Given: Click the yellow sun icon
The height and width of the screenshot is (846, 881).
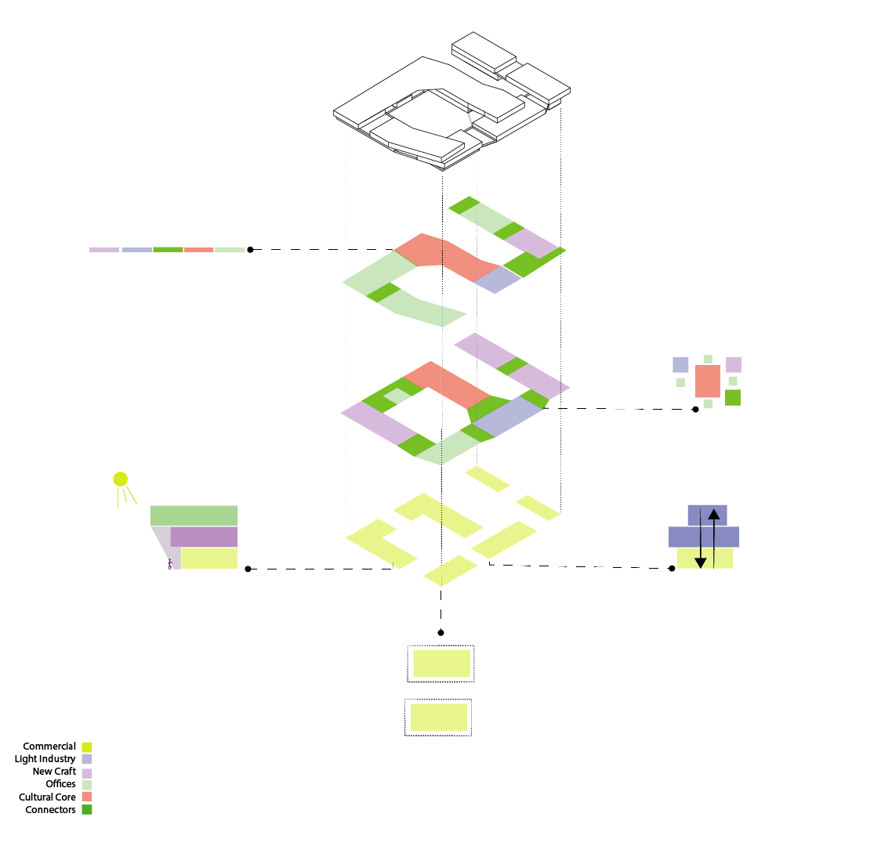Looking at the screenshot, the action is (x=120, y=479).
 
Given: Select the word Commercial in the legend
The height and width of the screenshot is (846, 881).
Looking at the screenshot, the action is (x=49, y=747).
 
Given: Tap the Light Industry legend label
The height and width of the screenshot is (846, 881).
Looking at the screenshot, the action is (x=45, y=759).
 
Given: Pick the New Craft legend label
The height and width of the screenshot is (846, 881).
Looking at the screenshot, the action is (x=54, y=772).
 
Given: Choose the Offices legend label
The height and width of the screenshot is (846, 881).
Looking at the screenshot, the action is (x=60, y=784).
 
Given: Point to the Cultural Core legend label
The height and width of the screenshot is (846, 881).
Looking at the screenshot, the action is (x=47, y=797).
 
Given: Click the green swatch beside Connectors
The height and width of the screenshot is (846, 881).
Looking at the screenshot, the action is (x=87, y=810).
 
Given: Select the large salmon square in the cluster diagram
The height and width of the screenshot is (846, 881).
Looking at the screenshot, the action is (x=708, y=381).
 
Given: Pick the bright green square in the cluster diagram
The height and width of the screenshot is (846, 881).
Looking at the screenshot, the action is (x=733, y=397).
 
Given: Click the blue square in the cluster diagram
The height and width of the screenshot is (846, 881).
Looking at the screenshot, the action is (x=680, y=365).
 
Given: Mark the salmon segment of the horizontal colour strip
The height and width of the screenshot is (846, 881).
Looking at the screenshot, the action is (x=199, y=250).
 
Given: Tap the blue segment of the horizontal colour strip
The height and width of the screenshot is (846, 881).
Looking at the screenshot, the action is (x=137, y=250).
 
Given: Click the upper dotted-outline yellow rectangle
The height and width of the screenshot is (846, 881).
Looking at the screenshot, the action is (x=441, y=663).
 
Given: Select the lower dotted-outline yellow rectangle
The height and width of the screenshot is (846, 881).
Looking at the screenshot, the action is (x=439, y=718).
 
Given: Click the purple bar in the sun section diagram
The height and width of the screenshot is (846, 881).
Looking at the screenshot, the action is (x=204, y=537).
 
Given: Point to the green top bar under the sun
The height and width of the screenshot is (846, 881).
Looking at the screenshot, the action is (x=194, y=515).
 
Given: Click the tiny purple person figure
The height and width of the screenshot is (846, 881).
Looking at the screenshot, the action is (x=170, y=563).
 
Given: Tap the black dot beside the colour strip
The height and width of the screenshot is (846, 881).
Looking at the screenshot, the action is (x=250, y=250).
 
